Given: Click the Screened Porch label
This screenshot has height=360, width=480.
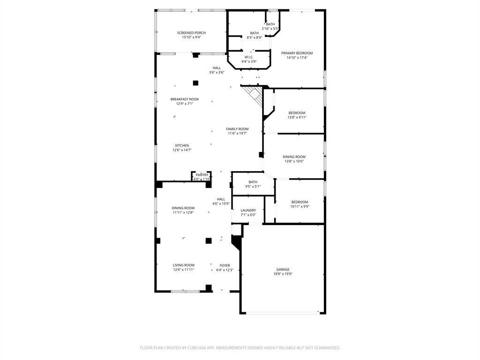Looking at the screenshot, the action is pyautogui.click(x=191, y=33).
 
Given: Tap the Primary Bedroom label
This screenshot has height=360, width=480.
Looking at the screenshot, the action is pyautogui.click(x=297, y=53).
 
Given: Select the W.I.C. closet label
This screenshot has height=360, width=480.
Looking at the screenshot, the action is pyautogui.click(x=249, y=57).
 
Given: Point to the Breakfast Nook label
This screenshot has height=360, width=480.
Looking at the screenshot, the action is pyautogui.click(x=185, y=99).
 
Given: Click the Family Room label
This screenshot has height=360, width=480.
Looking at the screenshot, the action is pyautogui.click(x=237, y=129).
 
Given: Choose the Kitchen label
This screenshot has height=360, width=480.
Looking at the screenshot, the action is pyautogui.click(x=182, y=145).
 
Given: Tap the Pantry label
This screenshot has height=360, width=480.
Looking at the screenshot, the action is pyautogui.click(x=202, y=175).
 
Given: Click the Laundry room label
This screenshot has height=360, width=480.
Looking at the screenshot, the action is pyautogui.click(x=248, y=210).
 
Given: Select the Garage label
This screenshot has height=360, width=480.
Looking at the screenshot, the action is pyautogui.click(x=283, y=270).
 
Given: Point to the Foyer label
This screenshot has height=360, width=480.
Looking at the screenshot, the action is pyautogui.click(x=225, y=265).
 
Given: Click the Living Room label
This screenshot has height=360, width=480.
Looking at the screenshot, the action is pyautogui.click(x=184, y=265).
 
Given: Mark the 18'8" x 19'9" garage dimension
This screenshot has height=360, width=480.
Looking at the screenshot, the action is pyautogui.click(x=283, y=274).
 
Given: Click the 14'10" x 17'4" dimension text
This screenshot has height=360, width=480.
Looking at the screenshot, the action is pyautogui.click(x=297, y=58).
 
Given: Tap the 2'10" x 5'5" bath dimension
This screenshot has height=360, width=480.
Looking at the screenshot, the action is pyautogui.click(x=270, y=29).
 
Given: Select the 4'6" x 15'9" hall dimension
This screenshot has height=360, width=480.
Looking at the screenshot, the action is pyautogui.click(x=221, y=203).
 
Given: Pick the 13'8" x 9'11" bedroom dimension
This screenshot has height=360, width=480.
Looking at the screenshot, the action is pyautogui.click(x=297, y=117).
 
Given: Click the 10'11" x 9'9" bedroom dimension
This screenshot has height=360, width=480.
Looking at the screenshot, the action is pyautogui.click(x=300, y=206).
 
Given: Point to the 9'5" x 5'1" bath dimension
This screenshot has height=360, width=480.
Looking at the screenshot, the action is pyautogui.click(x=253, y=187).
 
